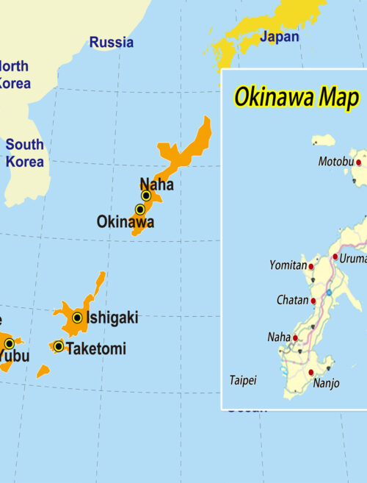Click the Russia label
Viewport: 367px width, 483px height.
112,43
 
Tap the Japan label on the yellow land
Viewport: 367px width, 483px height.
280,37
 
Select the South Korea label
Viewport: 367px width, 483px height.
24,152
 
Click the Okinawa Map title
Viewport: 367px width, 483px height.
296,96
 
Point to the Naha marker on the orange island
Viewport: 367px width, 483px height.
146,196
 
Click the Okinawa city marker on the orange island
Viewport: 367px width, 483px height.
139,210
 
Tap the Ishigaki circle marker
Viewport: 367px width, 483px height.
77,318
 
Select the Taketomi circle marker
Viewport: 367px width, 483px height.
59,346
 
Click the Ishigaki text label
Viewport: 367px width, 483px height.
112,318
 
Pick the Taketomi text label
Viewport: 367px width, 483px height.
95,349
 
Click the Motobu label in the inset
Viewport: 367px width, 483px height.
336,162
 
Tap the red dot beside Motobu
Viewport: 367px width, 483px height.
359,162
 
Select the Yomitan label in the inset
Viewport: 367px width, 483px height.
288,265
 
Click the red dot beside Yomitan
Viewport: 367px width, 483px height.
311,267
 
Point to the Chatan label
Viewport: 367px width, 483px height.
293,301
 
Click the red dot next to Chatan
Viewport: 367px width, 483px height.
313,301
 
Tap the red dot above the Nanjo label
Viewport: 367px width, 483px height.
312,372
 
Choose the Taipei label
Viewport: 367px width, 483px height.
243,380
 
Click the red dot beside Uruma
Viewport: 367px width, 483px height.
335,257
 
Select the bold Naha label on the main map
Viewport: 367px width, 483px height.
156,184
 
